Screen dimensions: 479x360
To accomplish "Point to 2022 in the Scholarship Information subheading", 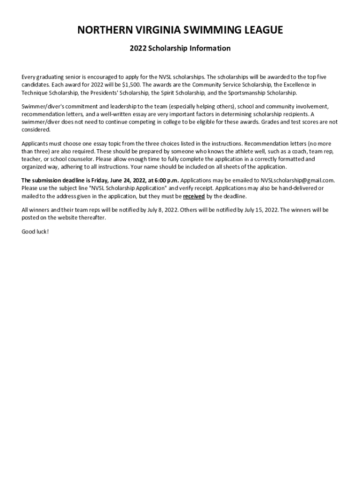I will click(x=138, y=48).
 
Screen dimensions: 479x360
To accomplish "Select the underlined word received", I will click(x=194, y=196).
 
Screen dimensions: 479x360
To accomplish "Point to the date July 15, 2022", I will click(x=260, y=210).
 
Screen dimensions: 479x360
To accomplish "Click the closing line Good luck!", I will click(x=35, y=232).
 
